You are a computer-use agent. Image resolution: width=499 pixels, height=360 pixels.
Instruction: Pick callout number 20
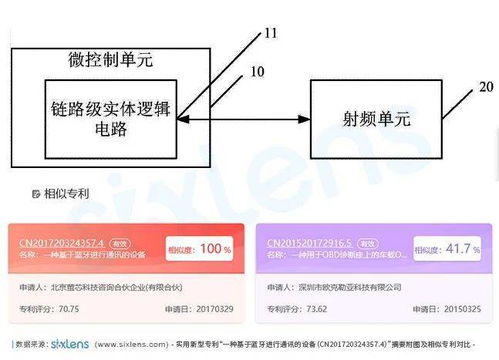click(485, 87)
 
